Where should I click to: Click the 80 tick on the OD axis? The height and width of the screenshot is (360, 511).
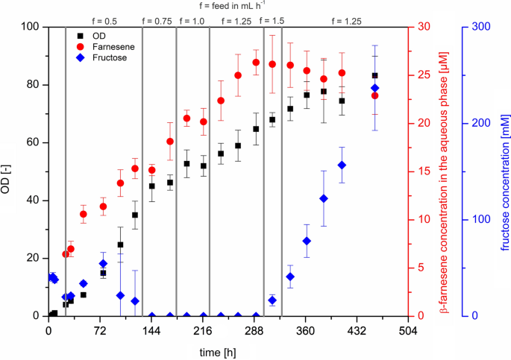click(33, 84)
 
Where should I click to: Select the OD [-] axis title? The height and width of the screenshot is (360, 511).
click(10, 171)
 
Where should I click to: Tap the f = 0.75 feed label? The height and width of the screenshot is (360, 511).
click(157, 21)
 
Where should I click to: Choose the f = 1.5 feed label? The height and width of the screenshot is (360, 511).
click(272, 21)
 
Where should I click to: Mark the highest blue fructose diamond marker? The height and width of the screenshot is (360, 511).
click(374, 89)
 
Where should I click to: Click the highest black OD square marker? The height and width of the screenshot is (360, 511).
click(374, 75)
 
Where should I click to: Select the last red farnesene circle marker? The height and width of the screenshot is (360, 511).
click(374, 95)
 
